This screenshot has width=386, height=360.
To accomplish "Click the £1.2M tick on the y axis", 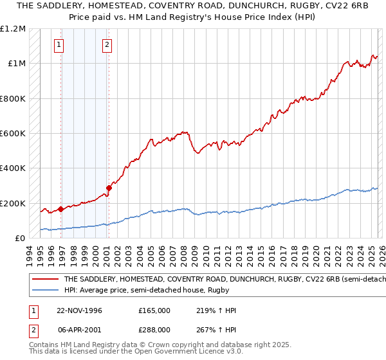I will click(x=14, y=29).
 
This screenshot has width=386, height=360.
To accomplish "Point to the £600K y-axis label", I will click(x=14, y=134).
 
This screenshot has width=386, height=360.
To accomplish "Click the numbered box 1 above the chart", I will click(x=59, y=45).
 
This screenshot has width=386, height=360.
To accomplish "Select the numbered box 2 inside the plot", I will click(x=106, y=45).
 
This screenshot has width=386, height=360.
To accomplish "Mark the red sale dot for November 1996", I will click(x=61, y=209).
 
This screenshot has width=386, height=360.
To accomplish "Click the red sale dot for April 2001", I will click(x=109, y=188).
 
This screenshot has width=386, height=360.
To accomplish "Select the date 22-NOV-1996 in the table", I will click(x=78, y=310).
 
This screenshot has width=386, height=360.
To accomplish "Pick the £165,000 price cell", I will click(x=154, y=310).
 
